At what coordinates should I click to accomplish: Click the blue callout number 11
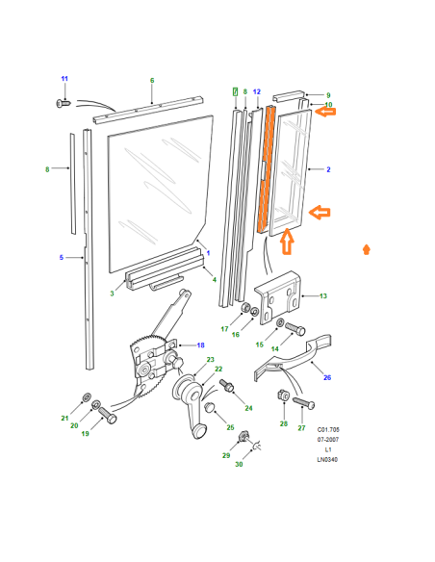click(64, 79)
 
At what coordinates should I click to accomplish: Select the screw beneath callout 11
click(64, 104)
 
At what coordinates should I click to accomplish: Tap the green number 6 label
click(152, 80)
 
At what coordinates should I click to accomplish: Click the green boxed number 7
click(236, 91)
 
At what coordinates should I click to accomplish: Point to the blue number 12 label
click(257, 91)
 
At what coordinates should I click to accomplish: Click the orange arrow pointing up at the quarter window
click(287, 243)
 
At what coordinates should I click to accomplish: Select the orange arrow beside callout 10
click(325, 113)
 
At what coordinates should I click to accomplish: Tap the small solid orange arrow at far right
click(367, 249)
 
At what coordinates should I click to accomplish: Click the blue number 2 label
click(328, 169)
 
